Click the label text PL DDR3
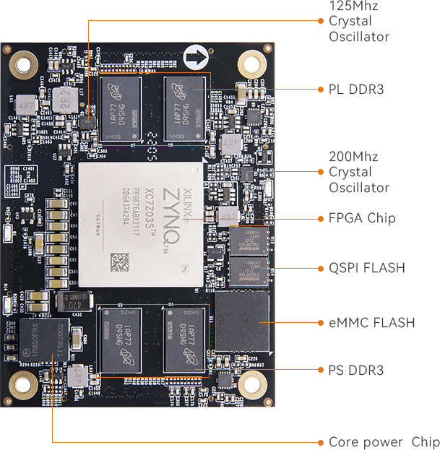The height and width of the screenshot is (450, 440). [355, 90]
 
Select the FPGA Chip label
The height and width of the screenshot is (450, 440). [362, 218]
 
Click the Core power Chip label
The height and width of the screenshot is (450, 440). [384, 442]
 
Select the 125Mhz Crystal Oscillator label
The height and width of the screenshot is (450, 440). [358, 21]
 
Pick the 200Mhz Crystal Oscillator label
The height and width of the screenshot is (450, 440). [358, 172]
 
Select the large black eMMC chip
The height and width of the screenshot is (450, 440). [243, 322]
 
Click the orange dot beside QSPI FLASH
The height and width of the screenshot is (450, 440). [320, 268]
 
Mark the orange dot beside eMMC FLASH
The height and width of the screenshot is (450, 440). [320, 322]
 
